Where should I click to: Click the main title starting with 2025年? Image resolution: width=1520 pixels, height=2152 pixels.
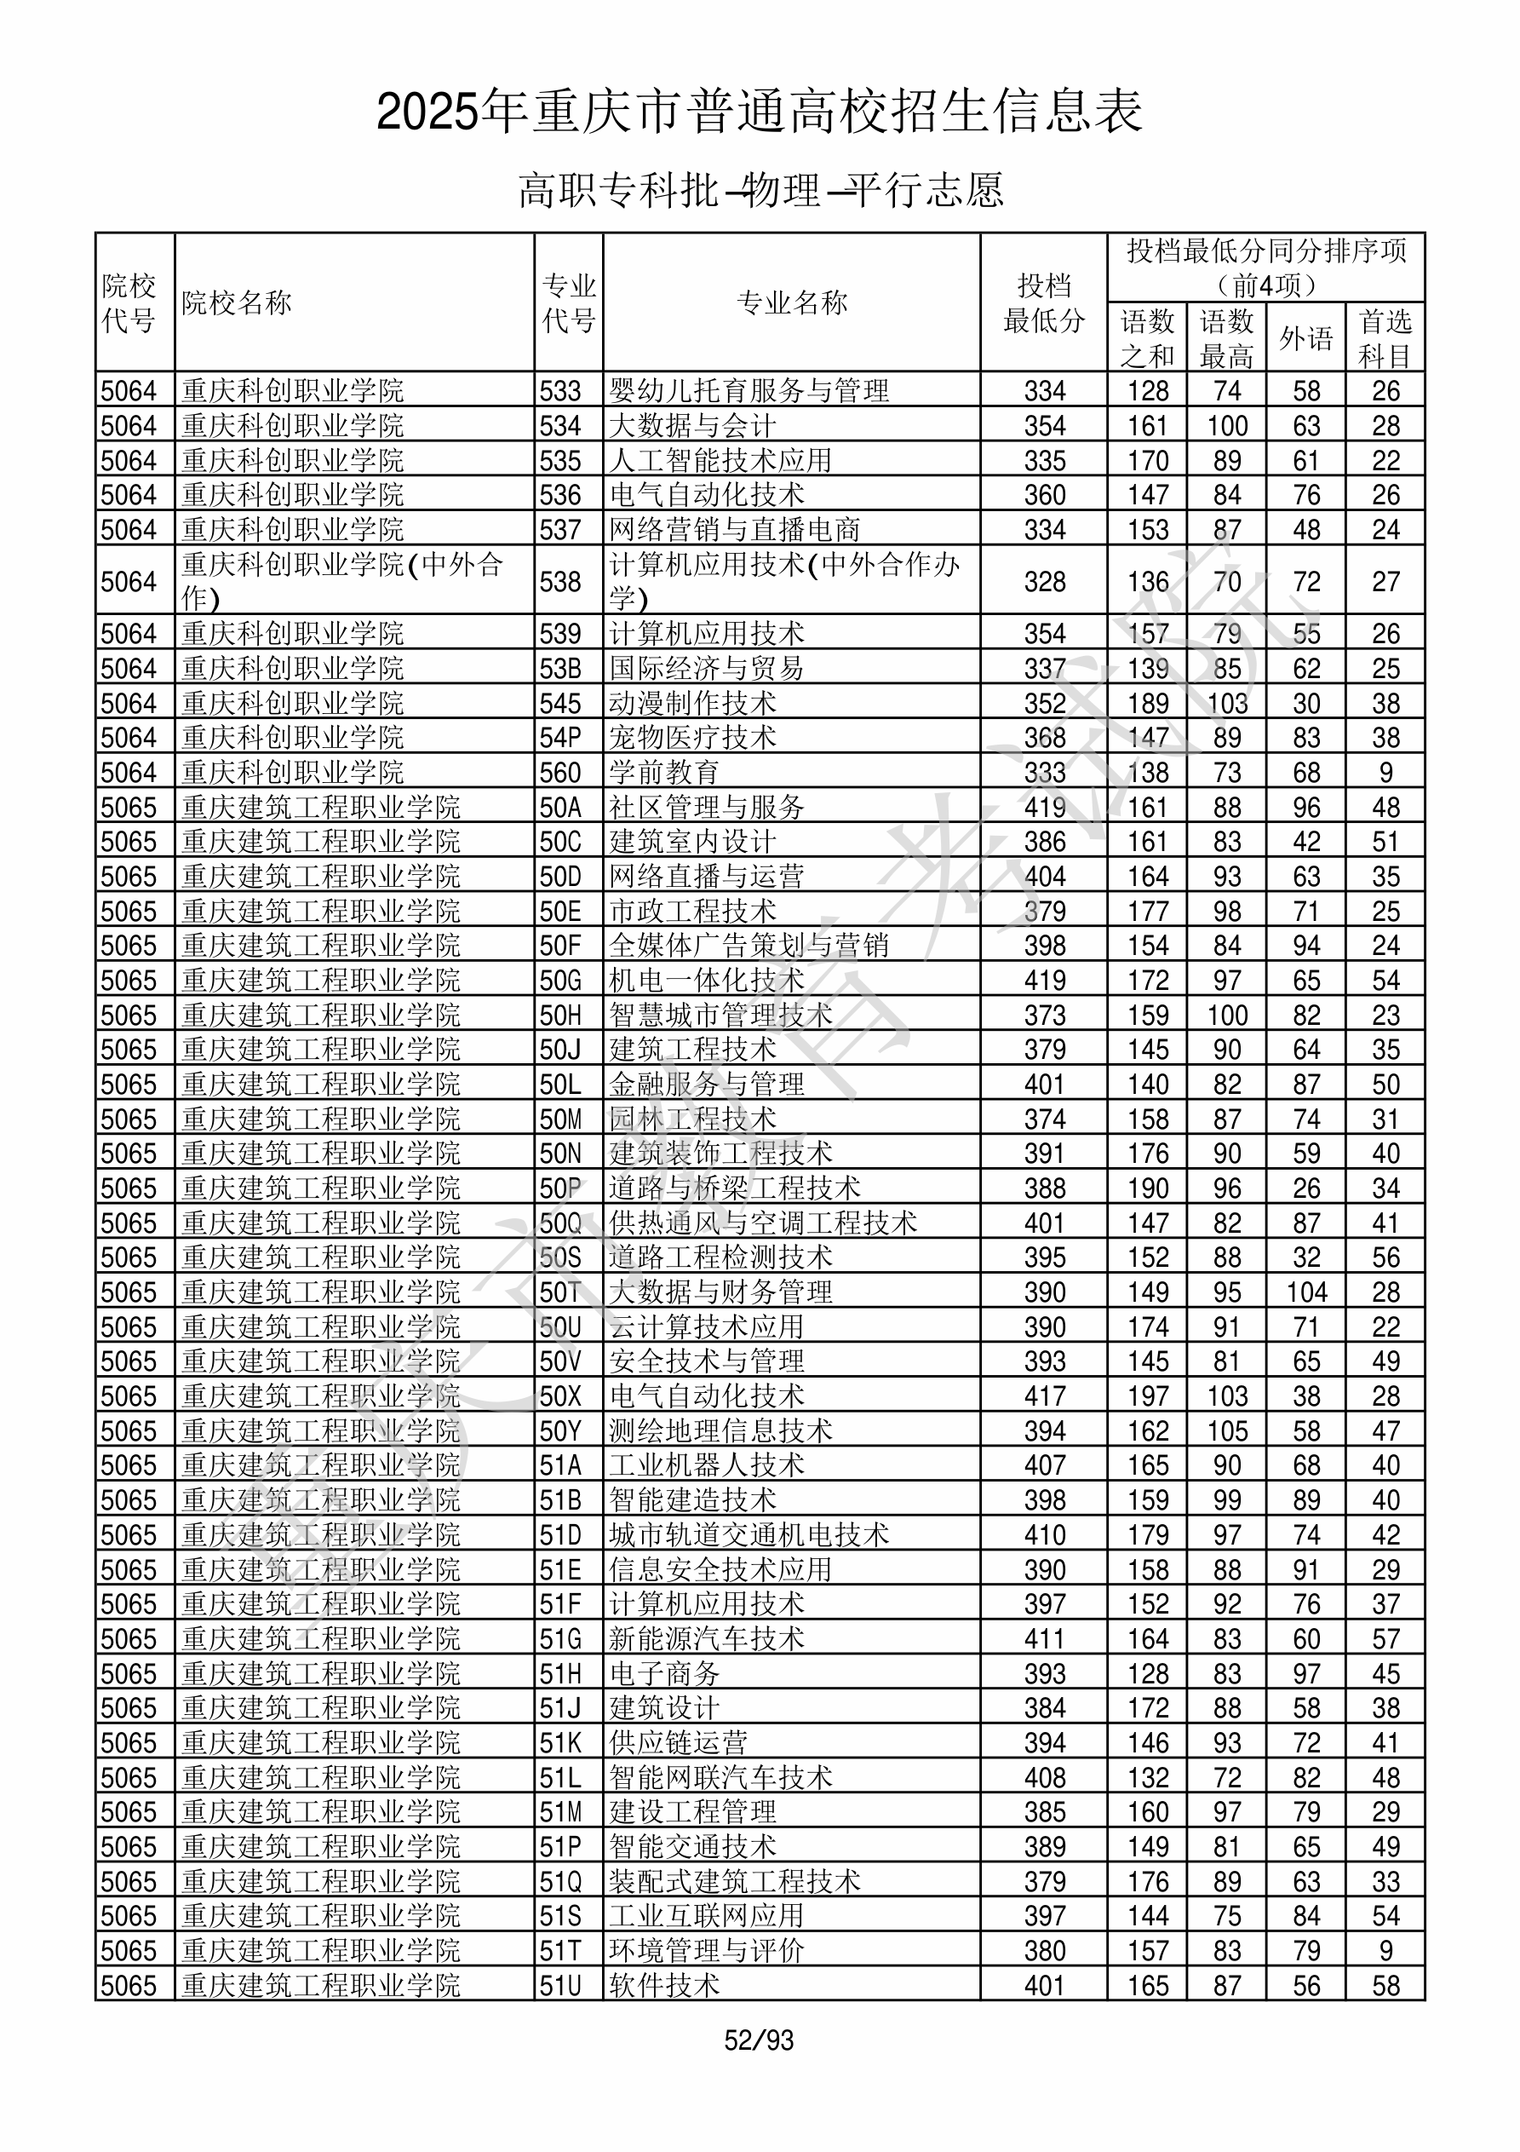(x=759, y=112)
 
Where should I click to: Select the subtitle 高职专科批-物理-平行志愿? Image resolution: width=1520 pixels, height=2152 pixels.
(x=761, y=190)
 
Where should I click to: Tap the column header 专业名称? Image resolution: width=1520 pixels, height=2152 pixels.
(x=792, y=302)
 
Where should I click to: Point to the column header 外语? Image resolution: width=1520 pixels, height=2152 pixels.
(x=1305, y=337)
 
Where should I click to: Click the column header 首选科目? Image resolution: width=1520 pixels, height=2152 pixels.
(x=1385, y=337)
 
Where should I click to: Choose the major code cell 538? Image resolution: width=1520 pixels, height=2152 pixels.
(x=560, y=581)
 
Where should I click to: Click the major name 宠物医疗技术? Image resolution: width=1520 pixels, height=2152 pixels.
(x=692, y=738)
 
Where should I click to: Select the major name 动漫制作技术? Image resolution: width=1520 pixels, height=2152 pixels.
(x=692, y=703)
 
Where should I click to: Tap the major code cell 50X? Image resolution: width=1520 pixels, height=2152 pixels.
(x=560, y=1396)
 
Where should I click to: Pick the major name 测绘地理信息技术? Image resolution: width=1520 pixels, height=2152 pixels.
(x=720, y=1431)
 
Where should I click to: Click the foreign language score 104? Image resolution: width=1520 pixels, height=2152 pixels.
(x=1306, y=1292)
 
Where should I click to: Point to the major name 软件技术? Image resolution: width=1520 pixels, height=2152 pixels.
(x=664, y=1986)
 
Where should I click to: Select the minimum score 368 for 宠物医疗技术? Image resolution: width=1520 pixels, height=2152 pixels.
(x=1045, y=738)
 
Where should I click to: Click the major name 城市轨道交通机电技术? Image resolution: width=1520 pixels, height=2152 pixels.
(x=749, y=1535)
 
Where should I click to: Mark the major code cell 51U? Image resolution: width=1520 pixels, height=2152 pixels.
(x=560, y=1986)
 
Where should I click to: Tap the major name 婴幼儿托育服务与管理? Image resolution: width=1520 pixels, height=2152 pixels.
(x=749, y=390)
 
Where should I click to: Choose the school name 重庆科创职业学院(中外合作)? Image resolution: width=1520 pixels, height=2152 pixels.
(x=342, y=581)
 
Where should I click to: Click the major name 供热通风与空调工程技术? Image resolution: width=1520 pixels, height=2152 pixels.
(x=763, y=1223)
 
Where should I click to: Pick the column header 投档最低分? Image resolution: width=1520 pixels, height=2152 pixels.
(x=1044, y=302)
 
